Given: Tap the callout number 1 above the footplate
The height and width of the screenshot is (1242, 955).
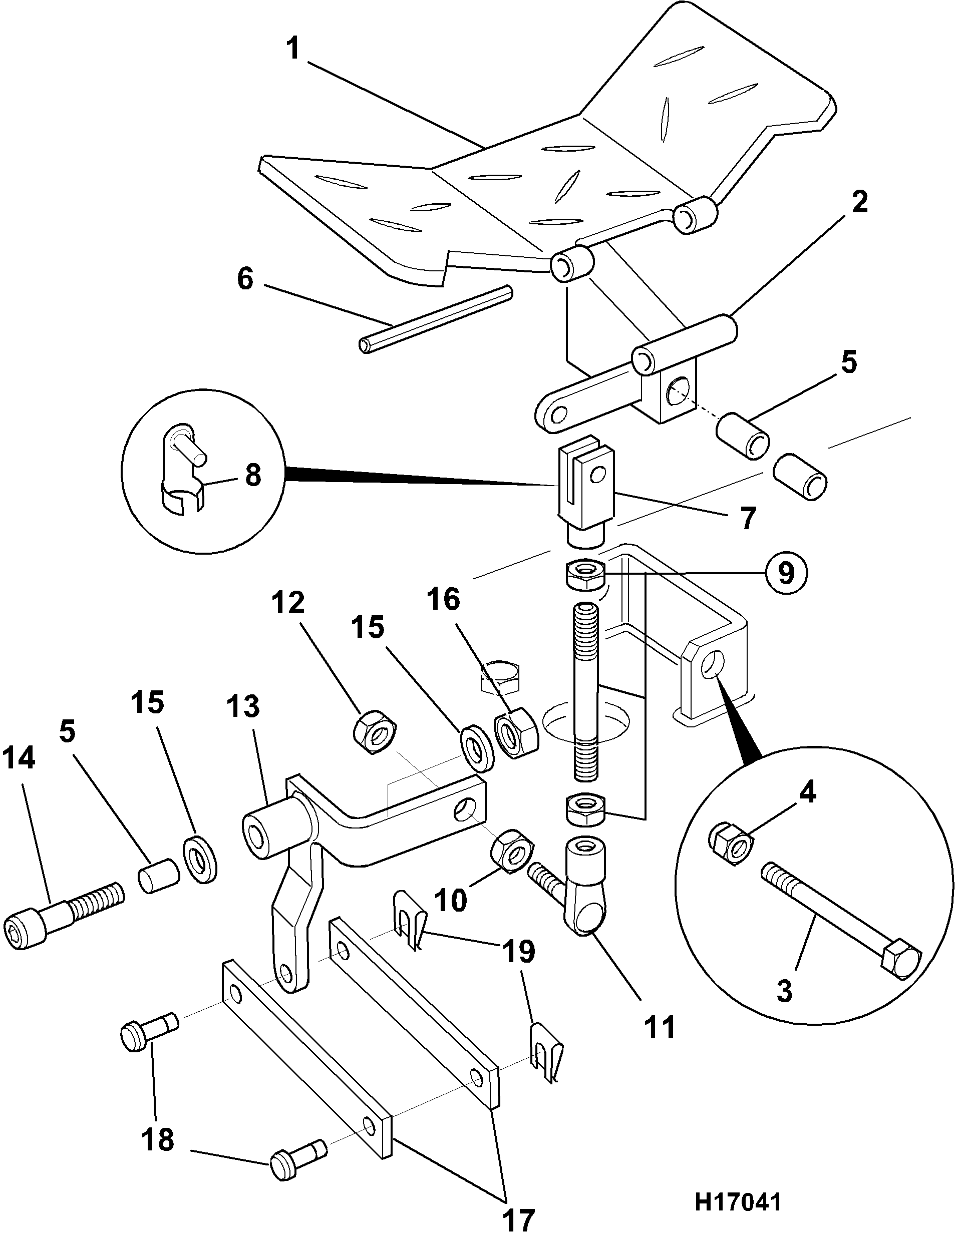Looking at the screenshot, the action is coord(293,48).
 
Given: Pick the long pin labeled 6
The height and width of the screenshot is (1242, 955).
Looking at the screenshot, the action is coord(436,319).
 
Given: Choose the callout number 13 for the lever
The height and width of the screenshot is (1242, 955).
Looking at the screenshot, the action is coord(243,707).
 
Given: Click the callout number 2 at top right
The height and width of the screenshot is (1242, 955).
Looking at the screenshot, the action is coord(859,203).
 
